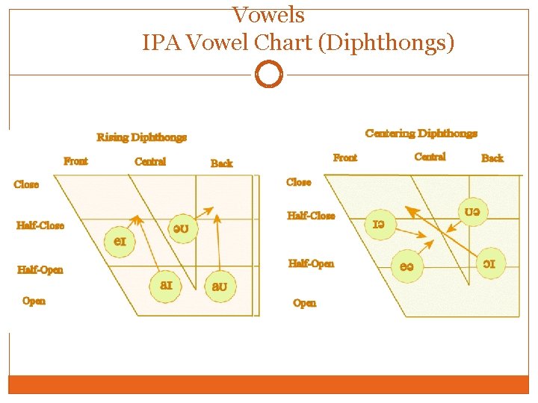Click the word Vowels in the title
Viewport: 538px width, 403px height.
268,14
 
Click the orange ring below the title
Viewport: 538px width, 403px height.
268,75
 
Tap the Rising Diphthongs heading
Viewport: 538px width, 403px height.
141,137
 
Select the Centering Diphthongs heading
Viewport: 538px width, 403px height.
421,134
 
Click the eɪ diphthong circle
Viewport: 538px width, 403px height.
120,242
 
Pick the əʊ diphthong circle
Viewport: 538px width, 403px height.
181,229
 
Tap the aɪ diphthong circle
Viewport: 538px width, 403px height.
165,286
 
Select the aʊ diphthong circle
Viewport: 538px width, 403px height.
220,287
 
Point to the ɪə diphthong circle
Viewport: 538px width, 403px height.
380,223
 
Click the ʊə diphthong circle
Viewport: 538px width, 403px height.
473,213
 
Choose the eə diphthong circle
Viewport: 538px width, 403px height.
407,266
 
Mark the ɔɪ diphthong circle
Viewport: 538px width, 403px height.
489,263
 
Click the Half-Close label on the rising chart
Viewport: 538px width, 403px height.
40,225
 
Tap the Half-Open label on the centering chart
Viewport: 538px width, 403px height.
312,263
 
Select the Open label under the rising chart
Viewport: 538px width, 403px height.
34,301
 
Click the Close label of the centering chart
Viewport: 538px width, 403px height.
299,182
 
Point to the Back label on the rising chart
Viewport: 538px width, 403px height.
222,163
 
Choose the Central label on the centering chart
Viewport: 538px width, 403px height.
430,157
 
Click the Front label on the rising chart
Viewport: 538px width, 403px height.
75,161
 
